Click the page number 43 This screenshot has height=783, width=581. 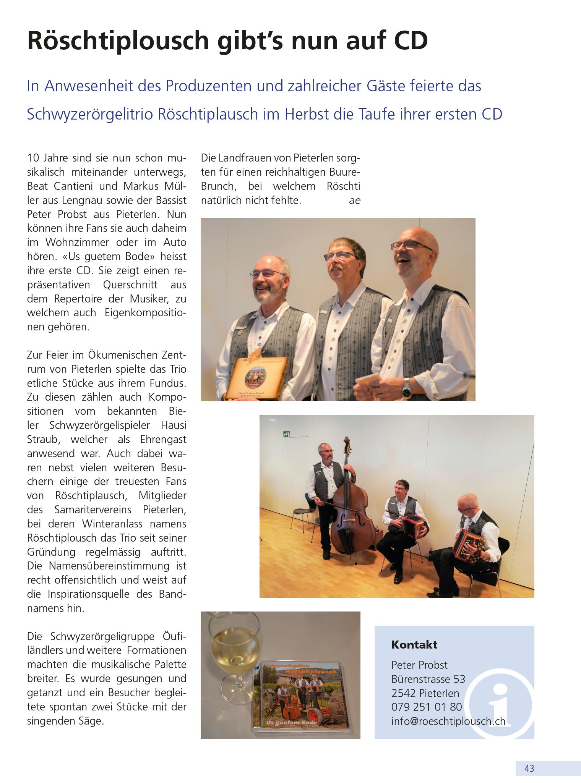click(529, 768)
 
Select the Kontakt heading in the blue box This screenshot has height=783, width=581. click(414, 645)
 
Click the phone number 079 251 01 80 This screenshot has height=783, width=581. click(427, 707)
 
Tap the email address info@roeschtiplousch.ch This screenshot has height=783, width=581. click(448, 721)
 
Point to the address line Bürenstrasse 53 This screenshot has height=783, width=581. click(428, 679)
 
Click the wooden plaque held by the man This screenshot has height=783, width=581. click(256, 379)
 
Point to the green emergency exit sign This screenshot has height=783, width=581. click(286, 434)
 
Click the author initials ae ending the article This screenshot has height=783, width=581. click(354, 201)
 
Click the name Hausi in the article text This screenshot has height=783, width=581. click(173, 425)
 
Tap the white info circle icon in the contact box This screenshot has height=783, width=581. click(500, 703)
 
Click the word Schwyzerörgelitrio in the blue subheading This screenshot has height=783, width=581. click(90, 114)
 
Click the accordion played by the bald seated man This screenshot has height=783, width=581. click(467, 545)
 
